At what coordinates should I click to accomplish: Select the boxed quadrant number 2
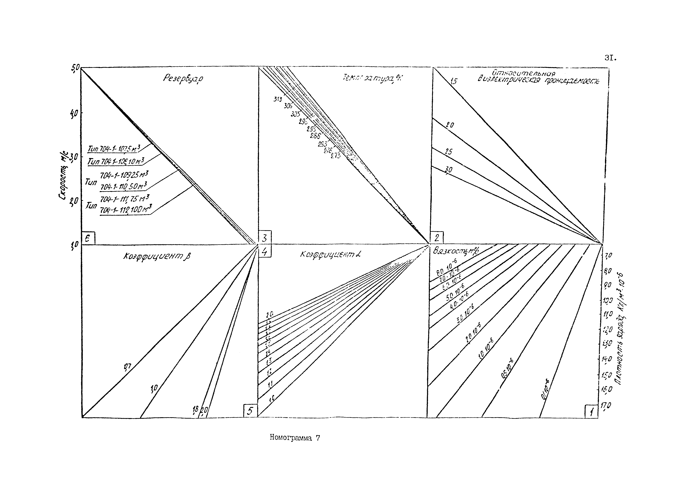[437, 238]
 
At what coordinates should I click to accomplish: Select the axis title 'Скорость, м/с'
[64, 178]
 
